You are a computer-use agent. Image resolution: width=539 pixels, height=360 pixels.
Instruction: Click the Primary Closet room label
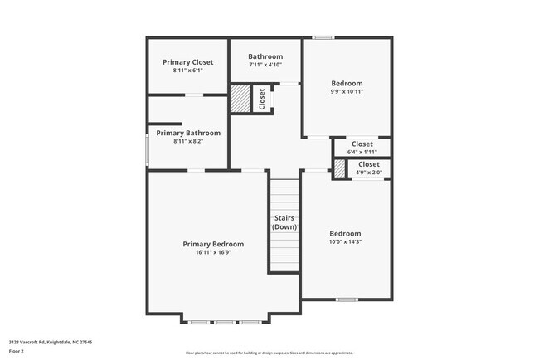click(x=187, y=62)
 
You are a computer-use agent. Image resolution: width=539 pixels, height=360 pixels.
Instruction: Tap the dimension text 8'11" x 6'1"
click(x=187, y=71)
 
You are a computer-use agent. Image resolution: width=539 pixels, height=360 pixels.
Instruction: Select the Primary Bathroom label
click(x=188, y=133)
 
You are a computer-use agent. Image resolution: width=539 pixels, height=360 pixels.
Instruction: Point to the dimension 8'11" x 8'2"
click(x=188, y=141)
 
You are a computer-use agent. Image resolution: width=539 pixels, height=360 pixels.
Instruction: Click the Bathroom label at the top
click(x=265, y=56)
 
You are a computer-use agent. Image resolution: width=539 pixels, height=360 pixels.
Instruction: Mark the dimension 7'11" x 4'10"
click(x=265, y=65)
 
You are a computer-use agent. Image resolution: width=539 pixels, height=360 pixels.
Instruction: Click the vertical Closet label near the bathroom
click(x=262, y=99)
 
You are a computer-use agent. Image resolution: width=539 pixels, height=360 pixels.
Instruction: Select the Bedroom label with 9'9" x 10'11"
click(x=347, y=83)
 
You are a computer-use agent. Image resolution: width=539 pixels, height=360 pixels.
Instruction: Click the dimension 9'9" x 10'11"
click(x=347, y=91)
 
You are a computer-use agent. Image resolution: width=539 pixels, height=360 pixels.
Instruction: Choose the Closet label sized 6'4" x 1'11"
click(x=362, y=144)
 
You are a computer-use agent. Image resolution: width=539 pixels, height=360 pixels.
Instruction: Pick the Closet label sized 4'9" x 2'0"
click(x=369, y=164)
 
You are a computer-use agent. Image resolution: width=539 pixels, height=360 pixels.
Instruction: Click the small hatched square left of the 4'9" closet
click(x=340, y=168)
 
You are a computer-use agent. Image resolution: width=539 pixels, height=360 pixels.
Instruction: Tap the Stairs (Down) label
click(x=284, y=222)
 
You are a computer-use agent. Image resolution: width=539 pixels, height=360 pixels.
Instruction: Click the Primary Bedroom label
click(x=213, y=244)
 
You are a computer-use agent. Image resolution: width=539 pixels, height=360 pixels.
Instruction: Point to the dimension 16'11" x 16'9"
click(x=213, y=252)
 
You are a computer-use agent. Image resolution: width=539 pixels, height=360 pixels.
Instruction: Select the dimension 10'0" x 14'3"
click(x=345, y=241)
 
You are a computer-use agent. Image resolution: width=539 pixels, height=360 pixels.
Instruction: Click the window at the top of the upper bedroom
click(x=323, y=37)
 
